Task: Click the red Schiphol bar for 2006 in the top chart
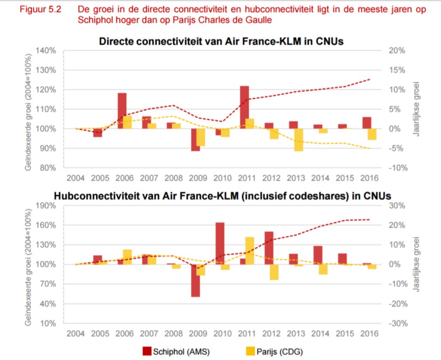[122, 111]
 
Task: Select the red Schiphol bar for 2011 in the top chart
[244, 107]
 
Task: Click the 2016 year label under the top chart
[369, 178]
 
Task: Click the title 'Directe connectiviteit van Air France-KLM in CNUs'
[221, 41]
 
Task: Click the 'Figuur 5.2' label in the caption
[35, 10]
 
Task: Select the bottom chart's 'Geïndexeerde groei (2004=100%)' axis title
[29, 264]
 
